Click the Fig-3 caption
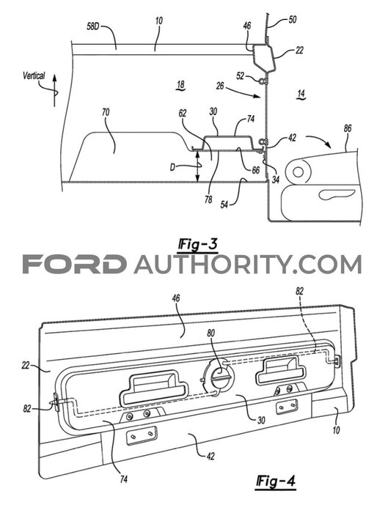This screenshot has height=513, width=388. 197,245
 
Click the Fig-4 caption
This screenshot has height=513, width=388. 275,481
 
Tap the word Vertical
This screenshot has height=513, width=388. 34,76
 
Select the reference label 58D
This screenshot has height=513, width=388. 92,26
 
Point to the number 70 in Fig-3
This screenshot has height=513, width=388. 106,113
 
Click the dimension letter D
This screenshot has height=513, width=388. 173,167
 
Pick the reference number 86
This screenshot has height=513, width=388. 347,128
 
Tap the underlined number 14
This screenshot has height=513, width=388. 301,95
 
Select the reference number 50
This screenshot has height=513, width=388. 292,20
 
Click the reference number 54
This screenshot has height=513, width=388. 224,205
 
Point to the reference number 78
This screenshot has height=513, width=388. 208,199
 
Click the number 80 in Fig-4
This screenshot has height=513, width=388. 211,333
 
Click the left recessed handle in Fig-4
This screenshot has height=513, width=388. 154,388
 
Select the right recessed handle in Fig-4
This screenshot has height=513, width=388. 281,369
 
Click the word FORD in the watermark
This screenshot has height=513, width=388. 74,265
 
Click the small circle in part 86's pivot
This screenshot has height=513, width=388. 298,171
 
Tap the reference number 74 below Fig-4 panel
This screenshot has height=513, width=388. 124,479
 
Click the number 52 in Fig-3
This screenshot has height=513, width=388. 241,76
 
